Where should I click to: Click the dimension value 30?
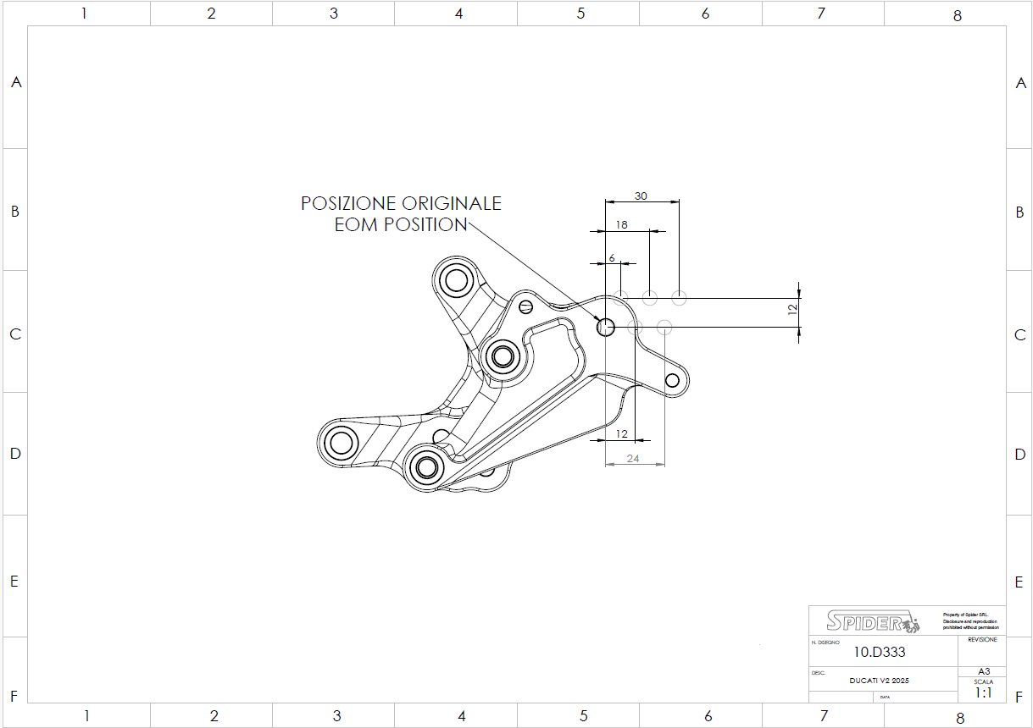641,196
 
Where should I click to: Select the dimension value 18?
622,224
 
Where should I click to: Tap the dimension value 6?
611,257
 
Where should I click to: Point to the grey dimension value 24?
633,458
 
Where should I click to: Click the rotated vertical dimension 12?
792,311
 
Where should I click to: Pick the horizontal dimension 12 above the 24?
621,433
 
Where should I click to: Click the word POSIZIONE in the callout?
349,204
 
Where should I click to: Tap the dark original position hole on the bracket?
606,327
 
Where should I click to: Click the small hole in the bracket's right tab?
674,380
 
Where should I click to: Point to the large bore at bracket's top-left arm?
457,279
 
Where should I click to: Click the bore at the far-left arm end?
342,442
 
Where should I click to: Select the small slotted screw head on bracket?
525,306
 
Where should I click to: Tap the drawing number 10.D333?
879,652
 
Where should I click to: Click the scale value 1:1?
983,692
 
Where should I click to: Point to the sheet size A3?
983,670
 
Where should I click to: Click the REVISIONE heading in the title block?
983,640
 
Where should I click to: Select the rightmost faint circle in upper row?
679,297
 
